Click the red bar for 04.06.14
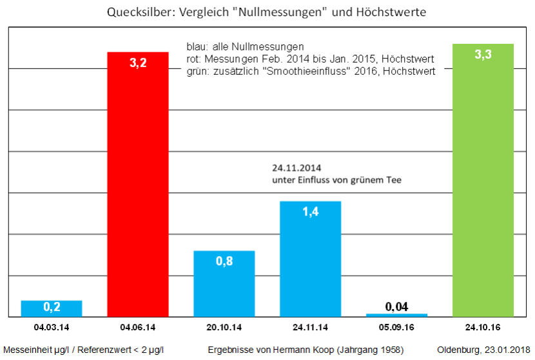click(137, 187)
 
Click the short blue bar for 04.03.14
click(52, 308)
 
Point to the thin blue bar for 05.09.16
click(396, 315)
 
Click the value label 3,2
click(138, 63)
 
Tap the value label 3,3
click(483, 55)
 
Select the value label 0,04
click(396, 306)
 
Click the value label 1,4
click(311, 212)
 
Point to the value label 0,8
click(224, 261)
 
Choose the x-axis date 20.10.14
click(224, 327)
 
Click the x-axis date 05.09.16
click(396, 327)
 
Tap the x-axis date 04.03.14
click(52, 327)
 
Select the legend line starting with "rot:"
click(309, 59)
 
